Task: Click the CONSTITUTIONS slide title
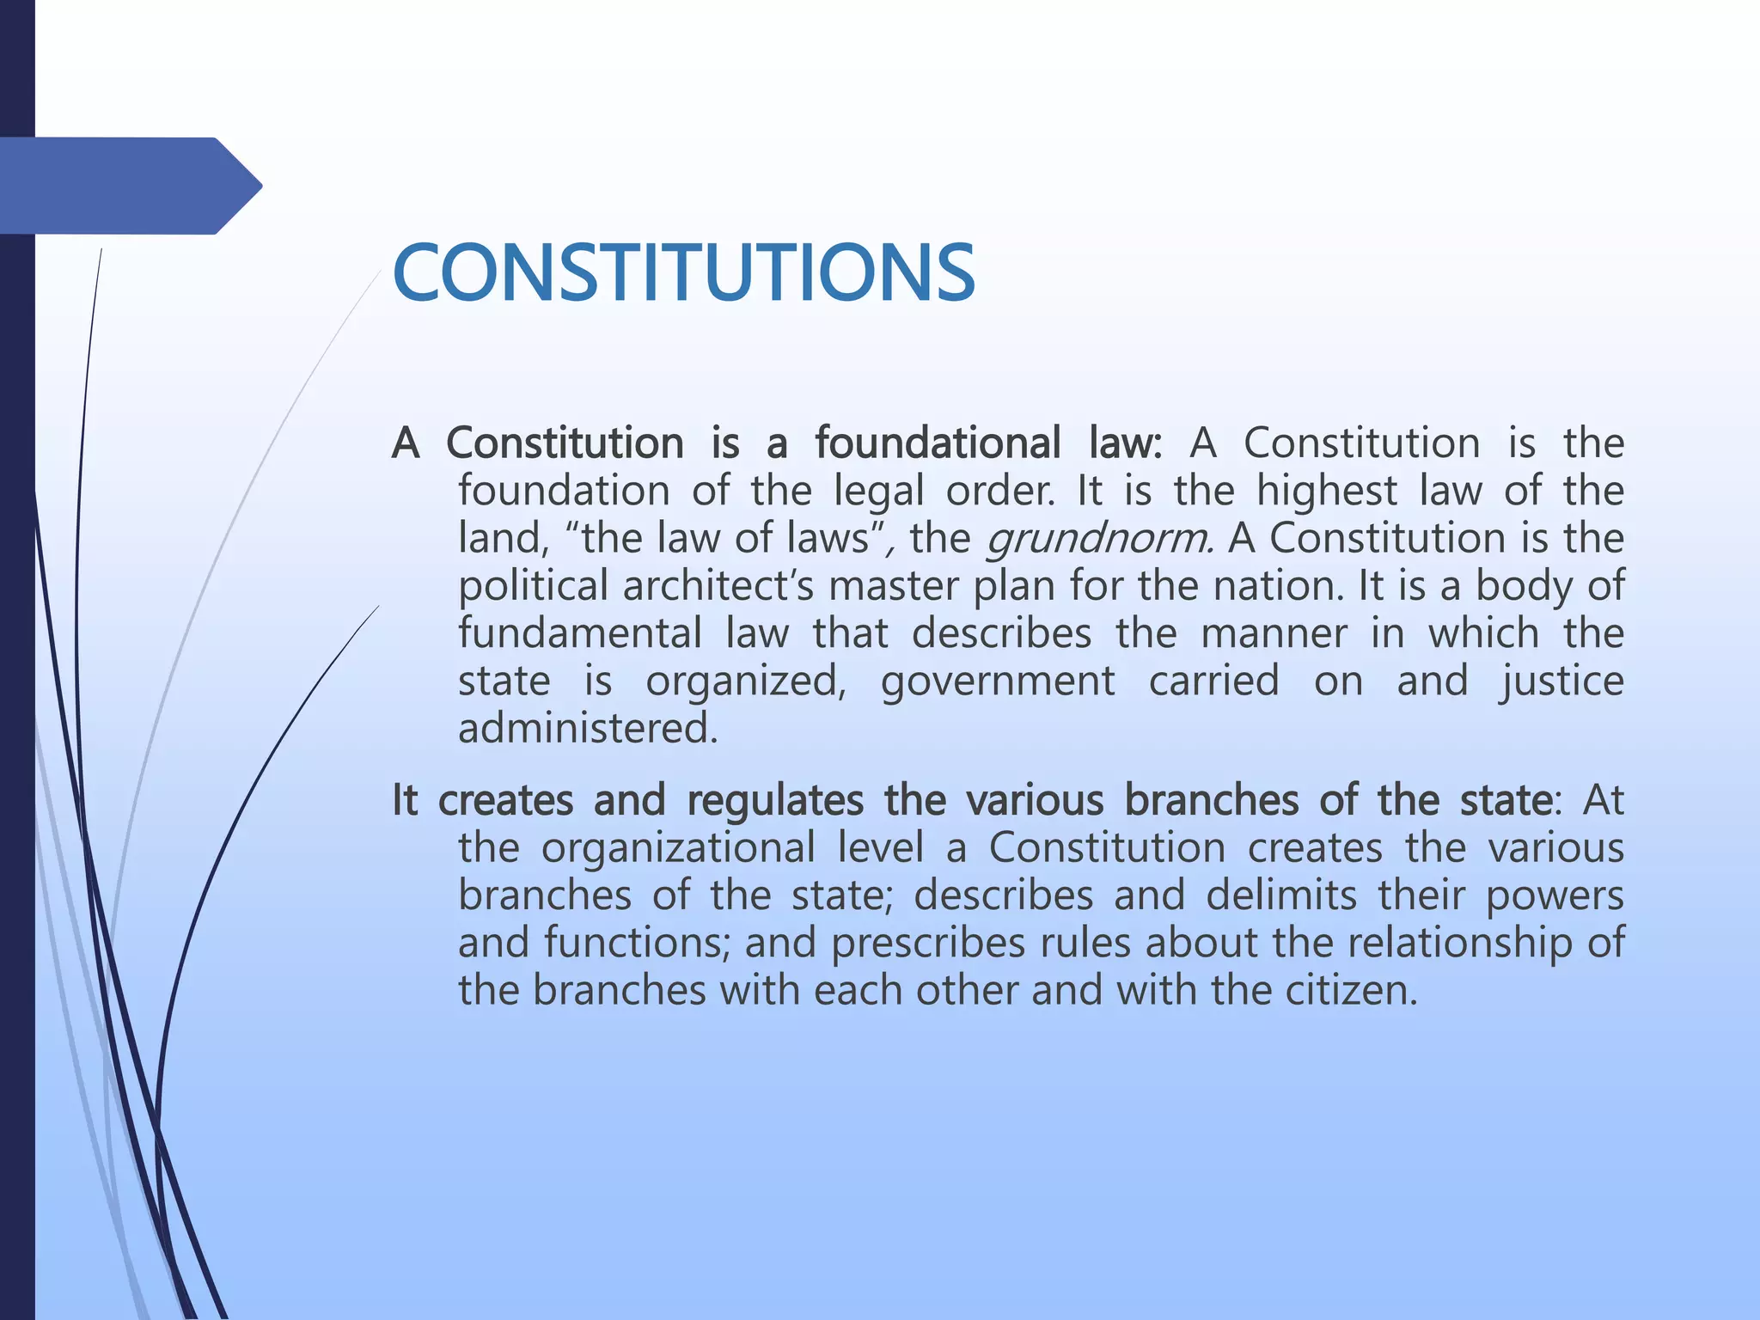pyautogui.click(x=683, y=273)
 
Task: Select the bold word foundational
pyautogui.click(x=938, y=443)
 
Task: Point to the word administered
pyautogui.click(x=587, y=729)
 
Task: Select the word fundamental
pyautogui.click(x=580, y=634)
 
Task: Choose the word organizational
pyautogui.click(x=678, y=848)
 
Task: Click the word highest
pyautogui.click(x=1327, y=492)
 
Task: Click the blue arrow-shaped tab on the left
pyautogui.click(x=129, y=186)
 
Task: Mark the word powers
pyautogui.click(x=1555, y=895)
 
